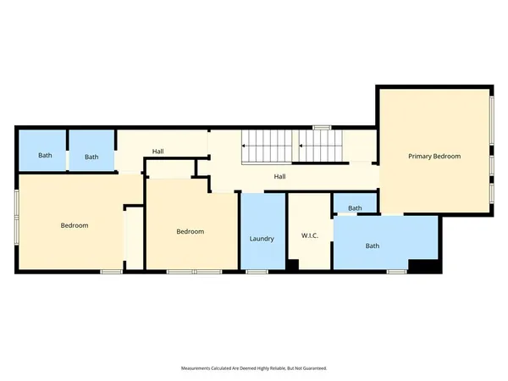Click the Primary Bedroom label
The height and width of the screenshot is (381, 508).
(434, 157)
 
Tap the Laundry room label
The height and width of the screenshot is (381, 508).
(262, 239)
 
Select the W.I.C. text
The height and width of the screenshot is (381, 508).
(309, 235)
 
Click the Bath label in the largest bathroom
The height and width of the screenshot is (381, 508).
(372, 246)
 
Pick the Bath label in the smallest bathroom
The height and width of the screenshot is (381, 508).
(355, 208)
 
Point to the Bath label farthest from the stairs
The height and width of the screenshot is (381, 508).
(45, 156)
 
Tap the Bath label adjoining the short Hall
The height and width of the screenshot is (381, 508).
(91, 157)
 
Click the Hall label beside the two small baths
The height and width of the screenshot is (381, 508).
(158, 152)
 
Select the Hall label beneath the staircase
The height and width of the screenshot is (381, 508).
(279, 177)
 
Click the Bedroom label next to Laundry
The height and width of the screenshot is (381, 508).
(190, 232)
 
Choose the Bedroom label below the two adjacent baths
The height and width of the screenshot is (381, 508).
(75, 225)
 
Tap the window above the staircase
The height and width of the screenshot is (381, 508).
(321, 128)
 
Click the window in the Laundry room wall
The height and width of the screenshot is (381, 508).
(257, 271)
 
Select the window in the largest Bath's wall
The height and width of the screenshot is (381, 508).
(395, 271)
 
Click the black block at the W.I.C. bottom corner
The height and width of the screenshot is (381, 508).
(292, 265)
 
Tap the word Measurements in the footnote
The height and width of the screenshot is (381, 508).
(198, 368)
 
